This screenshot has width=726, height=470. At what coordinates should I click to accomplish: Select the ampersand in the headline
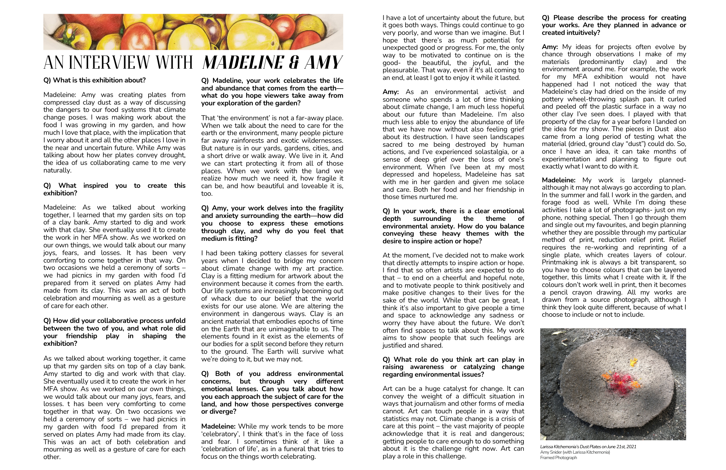pyautogui.click(x=292, y=62)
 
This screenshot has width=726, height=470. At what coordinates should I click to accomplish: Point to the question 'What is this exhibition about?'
pyautogui.click(x=94, y=80)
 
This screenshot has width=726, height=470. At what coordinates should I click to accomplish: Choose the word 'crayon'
pyautogui.click(x=592, y=292)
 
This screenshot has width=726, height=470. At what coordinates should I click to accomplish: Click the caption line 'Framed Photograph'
pyautogui.click(x=558, y=458)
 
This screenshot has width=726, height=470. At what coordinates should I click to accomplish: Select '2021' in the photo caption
pyautogui.click(x=631, y=447)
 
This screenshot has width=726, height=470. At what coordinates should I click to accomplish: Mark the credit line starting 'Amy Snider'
pyautogui.click(x=575, y=452)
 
